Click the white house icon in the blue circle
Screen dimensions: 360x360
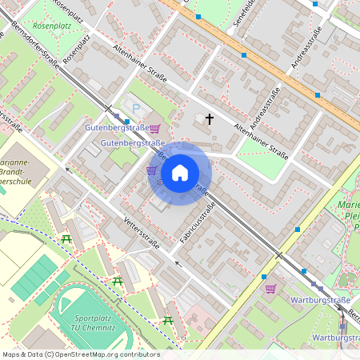point(179,173)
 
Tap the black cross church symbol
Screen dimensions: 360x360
point(210,119)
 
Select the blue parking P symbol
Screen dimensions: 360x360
point(134,108)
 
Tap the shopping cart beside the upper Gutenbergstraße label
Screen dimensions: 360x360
point(154,128)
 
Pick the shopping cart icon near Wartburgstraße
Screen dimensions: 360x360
point(270,289)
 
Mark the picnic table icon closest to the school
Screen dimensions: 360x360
point(66,239)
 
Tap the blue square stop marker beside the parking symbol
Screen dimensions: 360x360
point(127,122)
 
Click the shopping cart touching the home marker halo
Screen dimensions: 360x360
point(151,170)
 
